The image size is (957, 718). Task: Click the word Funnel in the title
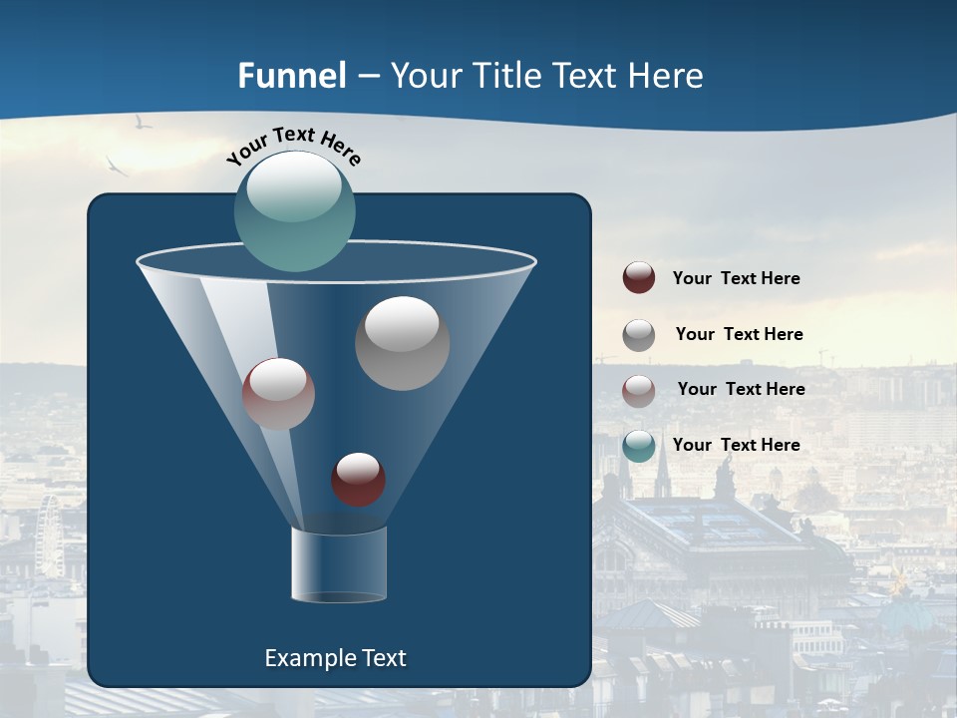(x=291, y=76)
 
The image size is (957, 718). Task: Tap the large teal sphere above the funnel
(x=295, y=210)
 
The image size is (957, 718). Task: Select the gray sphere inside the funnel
(x=402, y=342)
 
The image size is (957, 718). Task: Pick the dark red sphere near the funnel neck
(x=358, y=479)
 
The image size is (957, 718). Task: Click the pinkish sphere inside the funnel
(x=278, y=394)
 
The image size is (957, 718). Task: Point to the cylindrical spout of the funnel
(x=339, y=565)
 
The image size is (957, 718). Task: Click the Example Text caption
(x=336, y=658)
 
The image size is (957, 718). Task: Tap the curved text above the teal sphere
(x=293, y=146)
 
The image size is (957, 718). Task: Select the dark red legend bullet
(x=639, y=277)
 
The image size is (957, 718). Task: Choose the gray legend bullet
(x=639, y=335)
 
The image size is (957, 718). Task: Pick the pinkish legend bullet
(x=639, y=390)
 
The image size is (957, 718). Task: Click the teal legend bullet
(x=639, y=446)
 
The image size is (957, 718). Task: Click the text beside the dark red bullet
(x=736, y=278)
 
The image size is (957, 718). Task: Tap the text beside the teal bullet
(x=736, y=445)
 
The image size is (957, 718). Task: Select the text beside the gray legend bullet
(x=739, y=334)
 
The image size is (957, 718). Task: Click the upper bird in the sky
(x=143, y=123)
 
